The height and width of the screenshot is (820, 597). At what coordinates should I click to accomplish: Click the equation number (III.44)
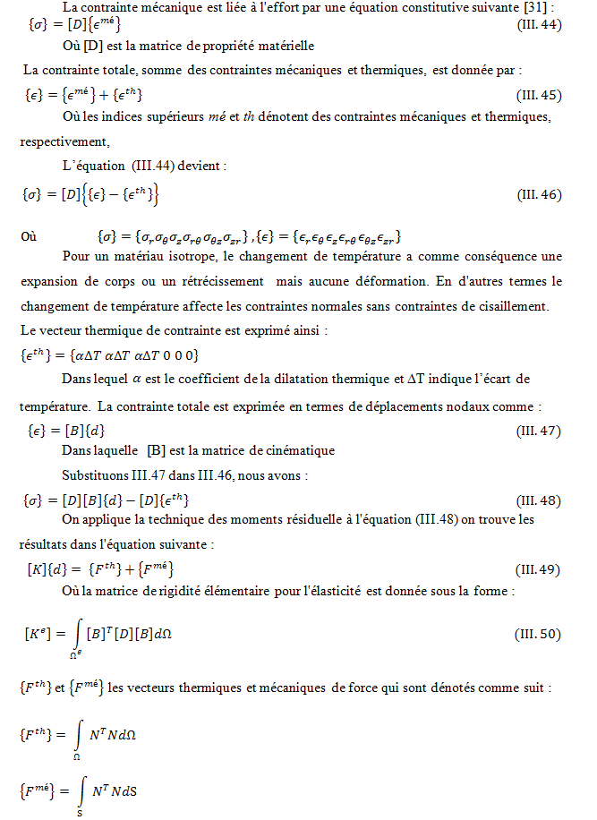540,25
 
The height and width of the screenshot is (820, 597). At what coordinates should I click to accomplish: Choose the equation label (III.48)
540,500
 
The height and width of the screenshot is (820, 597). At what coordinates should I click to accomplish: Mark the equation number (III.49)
540,569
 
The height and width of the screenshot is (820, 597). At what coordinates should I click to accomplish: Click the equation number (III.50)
538,635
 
